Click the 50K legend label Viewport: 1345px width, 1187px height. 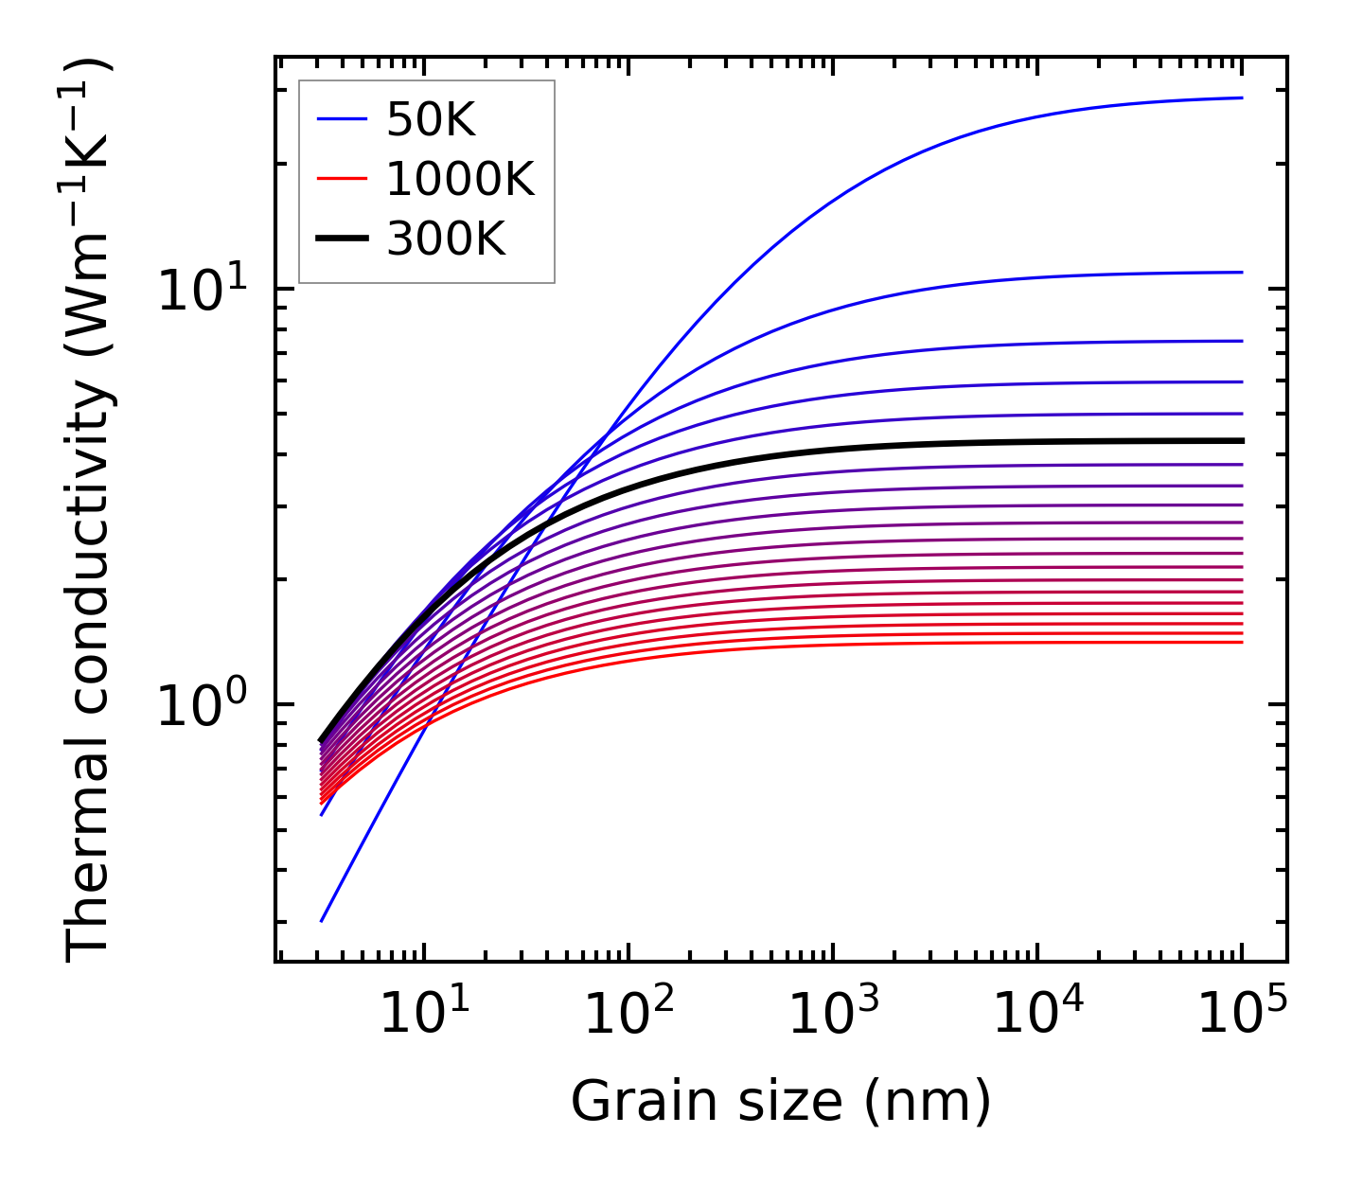pyautogui.click(x=431, y=119)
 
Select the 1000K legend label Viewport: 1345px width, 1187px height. pyautogui.click(x=460, y=179)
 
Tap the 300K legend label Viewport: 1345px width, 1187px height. pyautogui.click(x=446, y=239)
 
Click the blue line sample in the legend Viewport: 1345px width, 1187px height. pyautogui.click(x=342, y=119)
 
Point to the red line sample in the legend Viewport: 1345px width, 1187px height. pyautogui.click(x=342, y=179)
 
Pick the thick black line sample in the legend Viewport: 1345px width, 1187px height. pyautogui.click(x=342, y=239)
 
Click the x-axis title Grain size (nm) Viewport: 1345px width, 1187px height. pyautogui.click(x=781, y=1102)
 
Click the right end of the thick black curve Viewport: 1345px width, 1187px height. pyautogui.click(x=1241, y=441)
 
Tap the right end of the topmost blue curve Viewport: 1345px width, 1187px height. pyautogui.click(x=1241, y=97)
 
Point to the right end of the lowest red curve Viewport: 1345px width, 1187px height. pyautogui.click(x=1241, y=643)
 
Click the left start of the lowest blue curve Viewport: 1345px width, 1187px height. pyautogui.click(x=323, y=920)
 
